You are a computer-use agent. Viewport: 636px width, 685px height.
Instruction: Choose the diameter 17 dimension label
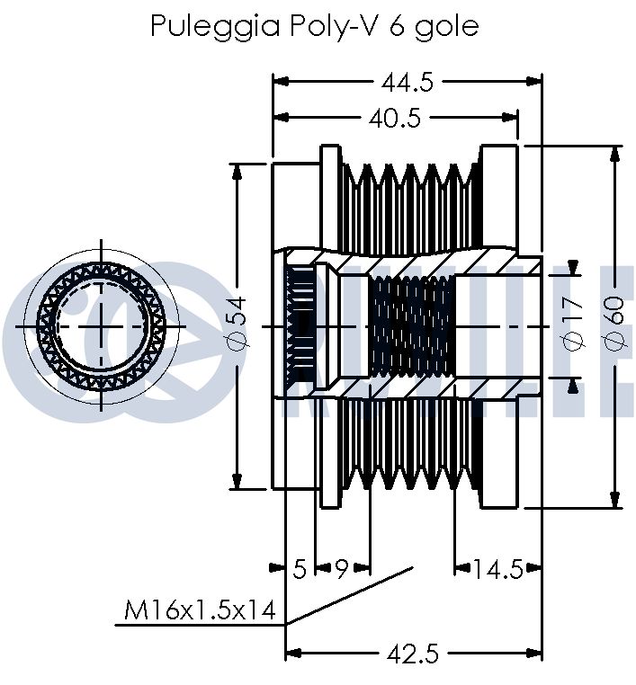pos(573,327)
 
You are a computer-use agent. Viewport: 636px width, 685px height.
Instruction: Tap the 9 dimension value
pos(342,568)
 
